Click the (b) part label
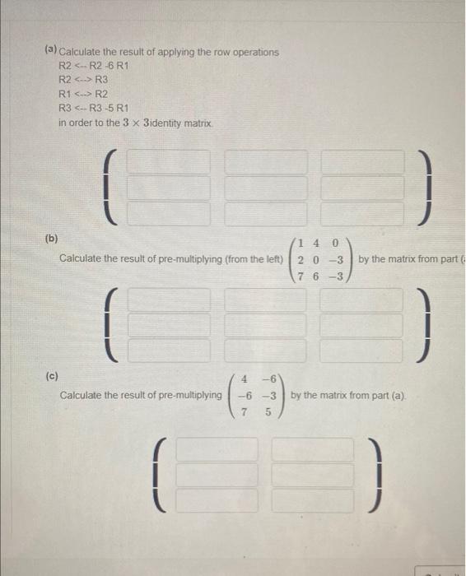[x=51, y=239]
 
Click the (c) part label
[x=51, y=376]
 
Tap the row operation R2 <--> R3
[x=82, y=80]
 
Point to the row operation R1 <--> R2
[x=82, y=94]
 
